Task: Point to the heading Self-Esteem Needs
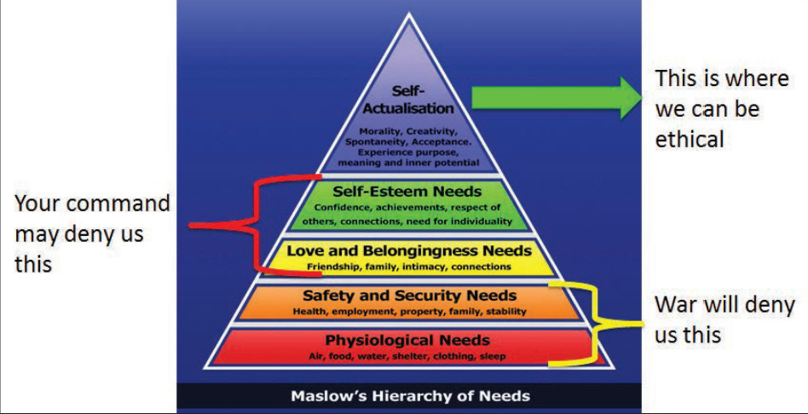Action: click(408, 192)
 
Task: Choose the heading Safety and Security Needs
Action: click(409, 296)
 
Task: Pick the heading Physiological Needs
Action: click(408, 341)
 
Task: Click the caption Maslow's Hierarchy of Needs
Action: click(409, 396)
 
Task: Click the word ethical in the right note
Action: click(690, 139)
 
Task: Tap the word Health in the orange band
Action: click(309, 311)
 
